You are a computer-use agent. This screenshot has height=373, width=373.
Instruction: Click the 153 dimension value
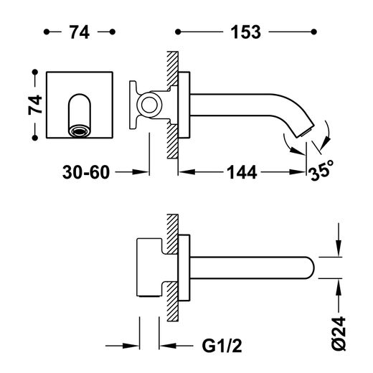245,32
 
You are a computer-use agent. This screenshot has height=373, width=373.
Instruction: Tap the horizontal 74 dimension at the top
80,32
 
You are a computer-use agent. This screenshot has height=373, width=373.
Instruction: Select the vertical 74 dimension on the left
35,105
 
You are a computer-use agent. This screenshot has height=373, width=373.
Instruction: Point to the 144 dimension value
242,172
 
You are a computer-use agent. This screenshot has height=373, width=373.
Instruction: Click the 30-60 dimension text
86,172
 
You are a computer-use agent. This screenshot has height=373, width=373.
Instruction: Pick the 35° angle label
321,170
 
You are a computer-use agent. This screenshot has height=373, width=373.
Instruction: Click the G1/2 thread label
222,346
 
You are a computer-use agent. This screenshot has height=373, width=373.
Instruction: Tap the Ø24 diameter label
339,334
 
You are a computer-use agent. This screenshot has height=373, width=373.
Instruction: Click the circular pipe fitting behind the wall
149,105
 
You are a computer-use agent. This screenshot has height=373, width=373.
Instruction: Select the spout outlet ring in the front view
80,131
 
